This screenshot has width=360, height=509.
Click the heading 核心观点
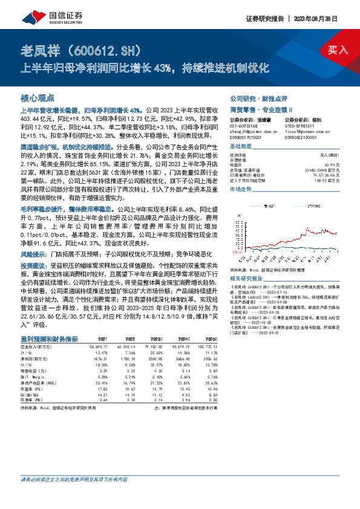pyautogui.click(x=36, y=97)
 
